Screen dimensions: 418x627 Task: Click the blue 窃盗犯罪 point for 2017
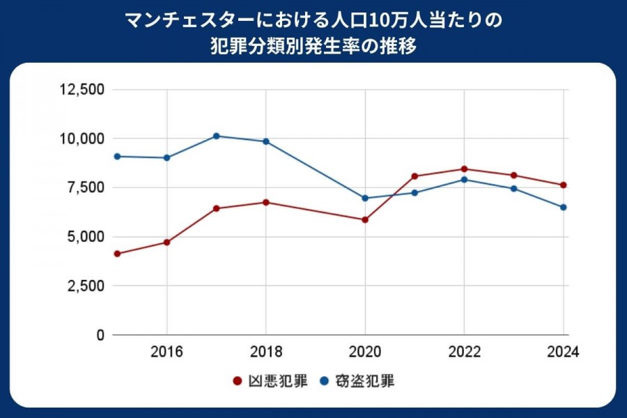pyautogui.click(x=217, y=136)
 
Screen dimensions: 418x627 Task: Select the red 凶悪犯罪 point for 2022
pyautogui.click(x=464, y=169)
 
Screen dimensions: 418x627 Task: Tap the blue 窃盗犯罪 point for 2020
pyautogui.click(x=365, y=198)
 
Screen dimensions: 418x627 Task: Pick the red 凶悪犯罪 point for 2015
pyautogui.click(x=117, y=254)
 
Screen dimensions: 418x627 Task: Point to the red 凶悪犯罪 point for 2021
pyautogui.click(x=415, y=176)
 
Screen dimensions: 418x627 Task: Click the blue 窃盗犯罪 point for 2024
pyautogui.click(x=563, y=207)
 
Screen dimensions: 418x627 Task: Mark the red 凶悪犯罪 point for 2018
pyautogui.click(x=266, y=202)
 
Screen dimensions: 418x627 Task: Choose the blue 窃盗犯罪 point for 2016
pyautogui.click(x=167, y=157)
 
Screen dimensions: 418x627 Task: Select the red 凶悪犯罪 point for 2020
pyautogui.click(x=365, y=219)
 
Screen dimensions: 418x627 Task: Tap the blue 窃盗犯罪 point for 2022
pyautogui.click(x=464, y=180)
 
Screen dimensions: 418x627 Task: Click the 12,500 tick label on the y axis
pyautogui.click(x=82, y=90)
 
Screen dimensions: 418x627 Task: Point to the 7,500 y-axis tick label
pyautogui.click(x=86, y=188)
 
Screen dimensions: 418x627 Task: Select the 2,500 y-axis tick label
pyautogui.click(x=86, y=286)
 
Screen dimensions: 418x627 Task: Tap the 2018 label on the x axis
pyautogui.click(x=266, y=352)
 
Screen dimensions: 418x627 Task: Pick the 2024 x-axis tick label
pyautogui.click(x=563, y=352)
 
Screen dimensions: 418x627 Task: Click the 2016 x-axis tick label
pyautogui.click(x=167, y=352)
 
